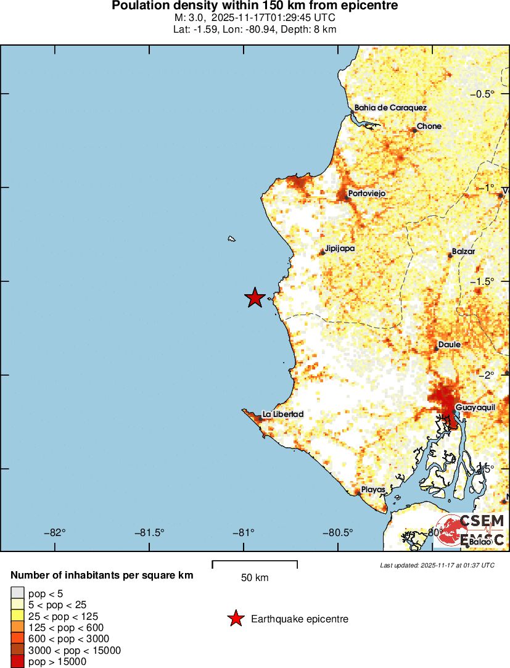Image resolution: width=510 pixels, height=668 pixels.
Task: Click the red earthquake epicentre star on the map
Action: [255, 297]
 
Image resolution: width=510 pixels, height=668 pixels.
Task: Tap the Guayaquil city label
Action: [475, 408]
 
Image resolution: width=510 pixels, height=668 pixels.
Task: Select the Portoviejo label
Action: [366, 194]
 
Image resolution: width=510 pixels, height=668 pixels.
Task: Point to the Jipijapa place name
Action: [340, 249]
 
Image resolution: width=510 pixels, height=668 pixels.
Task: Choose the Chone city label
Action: [429, 126]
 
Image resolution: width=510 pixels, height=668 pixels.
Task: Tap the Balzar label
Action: [463, 252]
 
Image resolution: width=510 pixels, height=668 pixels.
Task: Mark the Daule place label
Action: [449, 345]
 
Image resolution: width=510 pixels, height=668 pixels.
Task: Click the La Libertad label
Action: [282, 414]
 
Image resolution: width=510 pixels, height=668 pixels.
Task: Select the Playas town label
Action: [373, 490]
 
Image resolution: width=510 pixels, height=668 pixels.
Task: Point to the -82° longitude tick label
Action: [57, 532]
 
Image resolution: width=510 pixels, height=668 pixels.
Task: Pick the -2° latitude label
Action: [492, 375]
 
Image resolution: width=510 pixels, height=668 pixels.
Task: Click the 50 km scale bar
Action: [255, 564]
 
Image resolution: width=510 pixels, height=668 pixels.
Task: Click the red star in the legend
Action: [235, 619]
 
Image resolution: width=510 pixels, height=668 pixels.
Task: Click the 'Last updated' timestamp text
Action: [437, 565]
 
